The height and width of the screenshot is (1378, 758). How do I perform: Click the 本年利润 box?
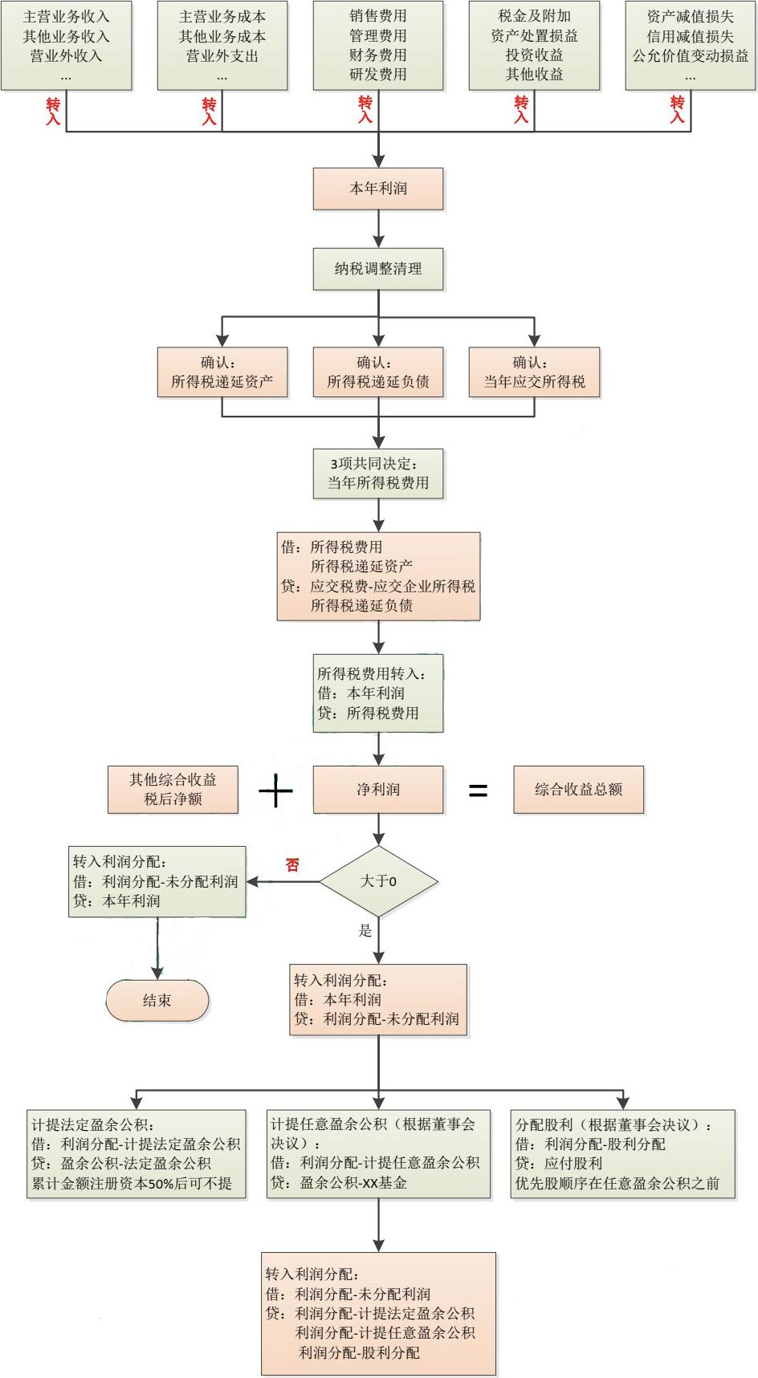pyautogui.click(x=378, y=189)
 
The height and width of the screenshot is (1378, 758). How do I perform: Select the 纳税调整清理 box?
pyautogui.click(x=378, y=269)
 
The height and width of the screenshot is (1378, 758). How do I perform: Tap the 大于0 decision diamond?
pyautogui.click(x=378, y=881)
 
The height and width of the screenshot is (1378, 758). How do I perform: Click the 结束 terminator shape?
pyautogui.click(x=157, y=1001)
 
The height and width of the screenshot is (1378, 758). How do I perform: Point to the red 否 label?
pyautogui.click(x=292, y=865)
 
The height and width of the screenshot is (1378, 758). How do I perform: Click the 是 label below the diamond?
pyautogui.click(x=365, y=931)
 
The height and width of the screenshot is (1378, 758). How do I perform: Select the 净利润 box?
pyautogui.click(x=378, y=790)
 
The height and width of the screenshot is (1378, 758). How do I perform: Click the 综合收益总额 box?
pyautogui.click(x=578, y=790)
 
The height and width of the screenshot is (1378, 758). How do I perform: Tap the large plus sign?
pyautogui.click(x=275, y=791)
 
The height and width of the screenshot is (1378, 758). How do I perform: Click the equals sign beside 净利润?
pyautogui.click(x=478, y=791)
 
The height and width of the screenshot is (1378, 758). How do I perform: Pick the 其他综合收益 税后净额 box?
pyautogui.click(x=173, y=790)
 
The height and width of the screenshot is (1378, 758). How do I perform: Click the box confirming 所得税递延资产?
pyautogui.click(x=222, y=372)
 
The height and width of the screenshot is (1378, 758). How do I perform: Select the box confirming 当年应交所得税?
pyautogui.click(x=534, y=372)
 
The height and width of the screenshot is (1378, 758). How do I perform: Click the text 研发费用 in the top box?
pyautogui.click(x=378, y=75)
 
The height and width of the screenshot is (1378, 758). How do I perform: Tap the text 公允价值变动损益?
pyautogui.click(x=691, y=56)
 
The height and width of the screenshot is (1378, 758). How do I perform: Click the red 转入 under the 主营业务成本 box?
pyautogui.click(x=210, y=112)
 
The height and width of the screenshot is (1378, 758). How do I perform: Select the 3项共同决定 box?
pyautogui.click(x=378, y=474)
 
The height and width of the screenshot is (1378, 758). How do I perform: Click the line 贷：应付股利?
pyautogui.click(x=559, y=1163)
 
